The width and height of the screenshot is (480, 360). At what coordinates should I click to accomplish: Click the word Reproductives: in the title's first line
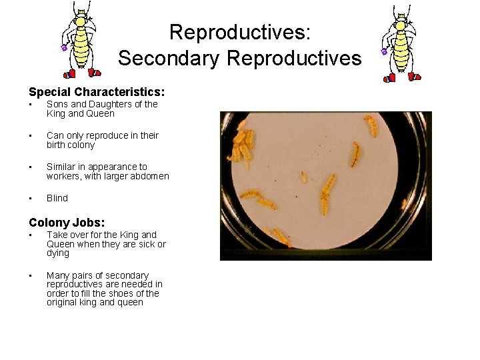coord(239,32)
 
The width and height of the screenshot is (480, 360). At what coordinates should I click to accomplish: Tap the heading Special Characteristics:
coord(97,91)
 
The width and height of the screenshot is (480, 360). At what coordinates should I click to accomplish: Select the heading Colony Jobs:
coord(67,223)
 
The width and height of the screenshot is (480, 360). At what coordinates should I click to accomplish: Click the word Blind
coord(57,198)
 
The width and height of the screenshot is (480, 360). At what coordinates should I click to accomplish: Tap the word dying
coord(58,253)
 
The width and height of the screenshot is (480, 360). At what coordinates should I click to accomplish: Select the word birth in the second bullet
coord(58,145)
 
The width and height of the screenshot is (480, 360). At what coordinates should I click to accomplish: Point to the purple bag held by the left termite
coord(64,47)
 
